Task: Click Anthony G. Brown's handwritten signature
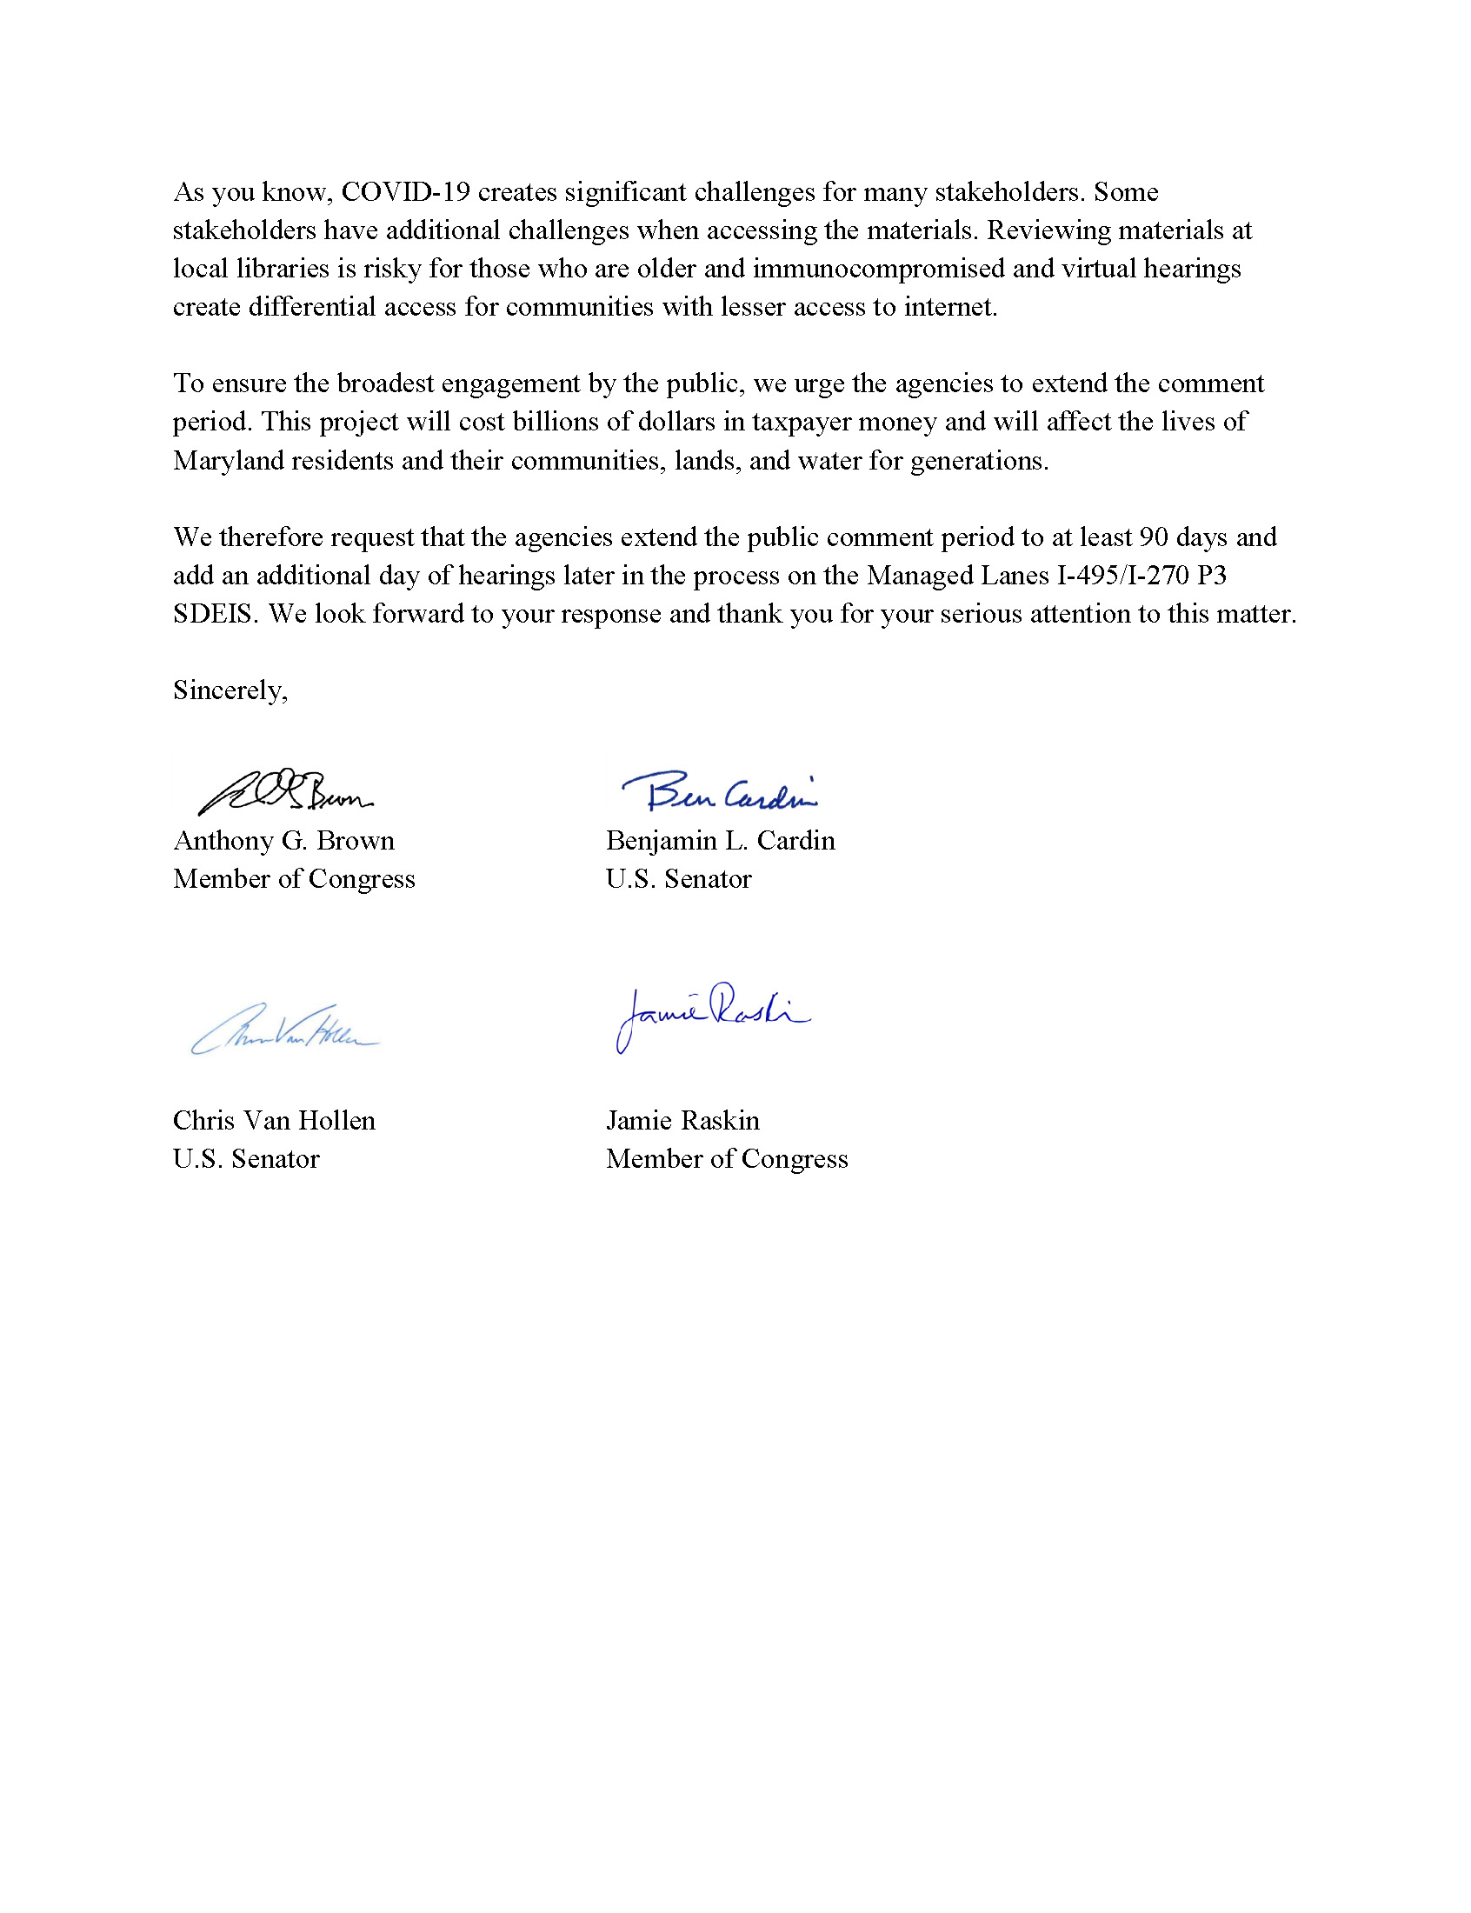click(x=284, y=792)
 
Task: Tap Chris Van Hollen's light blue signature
click(x=285, y=1030)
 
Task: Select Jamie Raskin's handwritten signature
click(x=711, y=1016)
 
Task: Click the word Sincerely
click(x=230, y=690)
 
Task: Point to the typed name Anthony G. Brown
click(x=283, y=841)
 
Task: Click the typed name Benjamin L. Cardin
click(x=720, y=841)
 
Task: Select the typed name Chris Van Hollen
click(x=274, y=1121)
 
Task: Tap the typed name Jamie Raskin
click(x=683, y=1121)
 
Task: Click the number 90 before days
click(x=1153, y=537)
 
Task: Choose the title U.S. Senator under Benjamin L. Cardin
click(x=679, y=879)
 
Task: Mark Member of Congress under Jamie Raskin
click(x=727, y=1159)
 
